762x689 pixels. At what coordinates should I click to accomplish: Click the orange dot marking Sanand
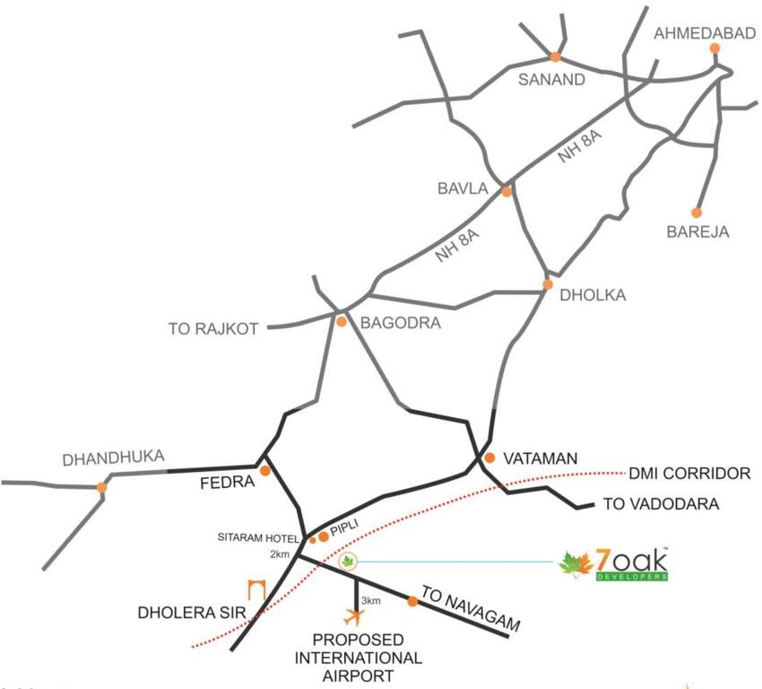coord(555,57)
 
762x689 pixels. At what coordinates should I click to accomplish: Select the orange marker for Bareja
coord(696,213)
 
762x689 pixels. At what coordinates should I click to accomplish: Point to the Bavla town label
coord(462,189)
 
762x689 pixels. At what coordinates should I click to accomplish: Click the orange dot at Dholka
coord(548,284)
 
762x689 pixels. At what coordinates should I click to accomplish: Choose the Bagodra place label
coord(400,323)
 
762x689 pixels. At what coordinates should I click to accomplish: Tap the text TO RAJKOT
coord(213,329)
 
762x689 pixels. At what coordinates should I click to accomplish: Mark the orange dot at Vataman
coord(489,458)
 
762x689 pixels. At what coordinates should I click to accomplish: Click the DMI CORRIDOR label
coord(688,472)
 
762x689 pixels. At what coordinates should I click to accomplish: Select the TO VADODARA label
coord(662,504)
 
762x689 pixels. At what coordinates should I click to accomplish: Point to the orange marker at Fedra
coord(265,470)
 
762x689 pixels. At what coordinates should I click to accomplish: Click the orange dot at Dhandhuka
coord(102,487)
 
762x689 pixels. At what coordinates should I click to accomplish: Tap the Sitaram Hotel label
coord(257,537)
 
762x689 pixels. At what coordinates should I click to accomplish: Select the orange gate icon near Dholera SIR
coord(257,591)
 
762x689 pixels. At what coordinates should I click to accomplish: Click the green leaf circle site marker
coord(348,562)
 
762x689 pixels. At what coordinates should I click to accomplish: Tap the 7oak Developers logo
coord(614,563)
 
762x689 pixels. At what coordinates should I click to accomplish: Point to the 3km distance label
coord(370,599)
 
